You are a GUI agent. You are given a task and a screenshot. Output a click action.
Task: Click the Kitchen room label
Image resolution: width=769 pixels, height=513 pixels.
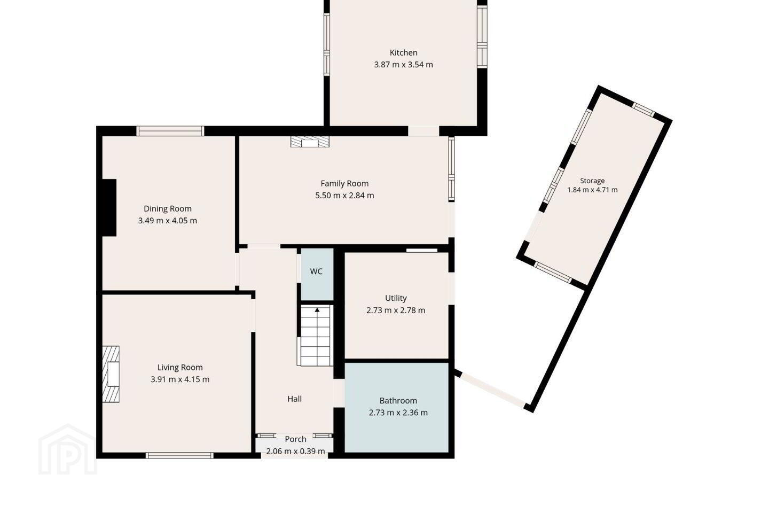[x=403, y=52]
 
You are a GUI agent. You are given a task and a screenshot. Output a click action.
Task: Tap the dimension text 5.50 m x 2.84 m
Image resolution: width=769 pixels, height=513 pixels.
[x=344, y=196]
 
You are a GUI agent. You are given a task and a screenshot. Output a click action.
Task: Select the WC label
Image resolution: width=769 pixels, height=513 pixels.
[x=316, y=271]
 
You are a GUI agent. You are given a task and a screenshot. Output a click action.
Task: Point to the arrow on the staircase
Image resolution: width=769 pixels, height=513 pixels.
[x=317, y=310]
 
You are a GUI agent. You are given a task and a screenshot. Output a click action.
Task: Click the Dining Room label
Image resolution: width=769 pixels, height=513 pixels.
[x=168, y=208]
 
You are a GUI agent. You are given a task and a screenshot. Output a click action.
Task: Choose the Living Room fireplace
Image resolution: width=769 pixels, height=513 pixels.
[x=111, y=374]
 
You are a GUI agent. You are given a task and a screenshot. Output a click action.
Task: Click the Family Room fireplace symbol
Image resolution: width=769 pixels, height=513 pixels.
[x=310, y=142]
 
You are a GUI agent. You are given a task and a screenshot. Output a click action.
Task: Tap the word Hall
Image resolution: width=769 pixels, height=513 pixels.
[x=295, y=399]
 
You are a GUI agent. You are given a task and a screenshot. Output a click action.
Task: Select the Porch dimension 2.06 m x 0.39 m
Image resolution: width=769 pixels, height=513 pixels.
[x=296, y=451]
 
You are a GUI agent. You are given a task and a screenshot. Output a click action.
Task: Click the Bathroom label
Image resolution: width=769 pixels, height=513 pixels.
[x=398, y=401]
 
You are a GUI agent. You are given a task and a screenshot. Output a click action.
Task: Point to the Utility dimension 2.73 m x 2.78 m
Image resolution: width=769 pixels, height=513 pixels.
[x=396, y=310]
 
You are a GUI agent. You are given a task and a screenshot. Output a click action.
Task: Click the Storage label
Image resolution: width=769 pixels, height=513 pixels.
[x=592, y=181]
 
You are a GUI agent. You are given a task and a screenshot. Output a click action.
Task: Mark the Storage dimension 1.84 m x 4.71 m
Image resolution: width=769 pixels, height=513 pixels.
[x=592, y=190]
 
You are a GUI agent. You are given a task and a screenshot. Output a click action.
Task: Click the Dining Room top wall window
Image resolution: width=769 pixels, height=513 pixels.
[x=170, y=131]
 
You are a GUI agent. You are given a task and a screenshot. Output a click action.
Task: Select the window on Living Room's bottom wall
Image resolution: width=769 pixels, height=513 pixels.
[x=179, y=455]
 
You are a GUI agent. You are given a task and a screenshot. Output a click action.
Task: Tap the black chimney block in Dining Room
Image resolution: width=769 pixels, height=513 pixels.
[x=109, y=207]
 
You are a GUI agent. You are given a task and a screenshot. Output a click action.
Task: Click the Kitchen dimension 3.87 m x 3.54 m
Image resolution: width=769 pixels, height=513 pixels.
[x=403, y=65]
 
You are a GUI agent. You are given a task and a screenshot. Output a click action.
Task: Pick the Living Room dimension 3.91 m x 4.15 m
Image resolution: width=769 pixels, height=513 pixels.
[x=180, y=379]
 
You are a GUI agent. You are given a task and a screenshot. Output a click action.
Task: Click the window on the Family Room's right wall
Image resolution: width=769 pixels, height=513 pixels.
[x=452, y=169]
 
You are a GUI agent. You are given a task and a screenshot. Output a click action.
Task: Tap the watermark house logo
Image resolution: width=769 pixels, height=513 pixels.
[x=67, y=450]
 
